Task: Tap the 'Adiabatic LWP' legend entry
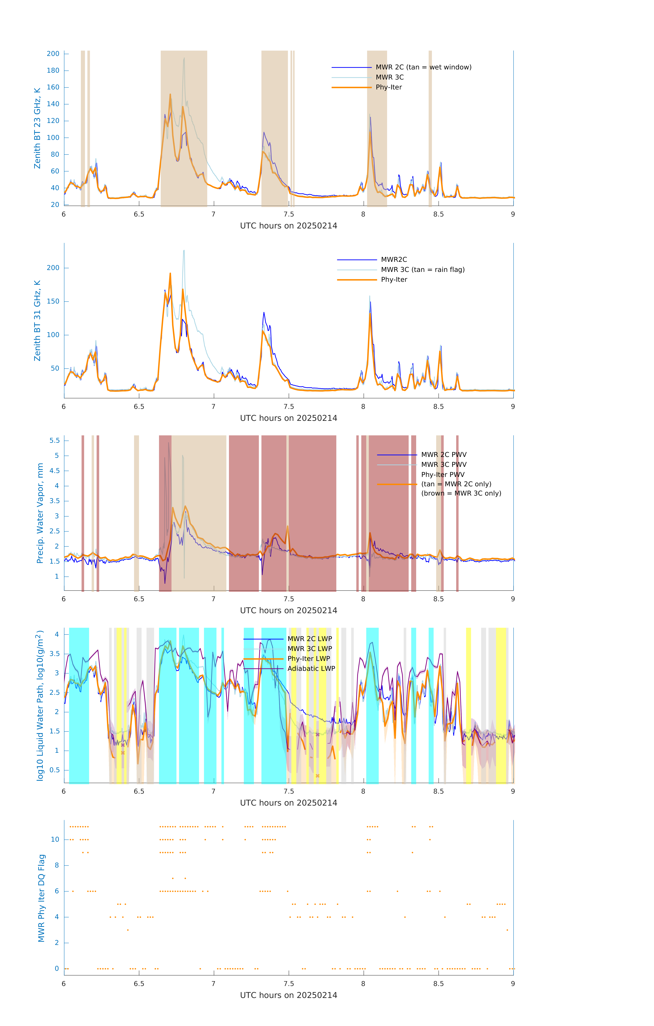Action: click(311, 668)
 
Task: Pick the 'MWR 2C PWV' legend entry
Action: click(444, 455)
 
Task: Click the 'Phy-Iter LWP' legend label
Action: click(308, 659)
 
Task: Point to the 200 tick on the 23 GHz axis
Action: click(53, 54)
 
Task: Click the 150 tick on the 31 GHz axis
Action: click(53, 301)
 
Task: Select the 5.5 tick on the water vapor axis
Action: click(55, 440)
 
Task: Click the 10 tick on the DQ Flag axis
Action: click(55, 839)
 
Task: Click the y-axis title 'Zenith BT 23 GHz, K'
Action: click(37, 128)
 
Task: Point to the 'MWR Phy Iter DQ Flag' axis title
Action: click(41, 898)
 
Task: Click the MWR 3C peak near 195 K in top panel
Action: click(184, 58)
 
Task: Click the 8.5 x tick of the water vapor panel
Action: click(438, 599)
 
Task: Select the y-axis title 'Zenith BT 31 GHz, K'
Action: click(37, 320)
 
